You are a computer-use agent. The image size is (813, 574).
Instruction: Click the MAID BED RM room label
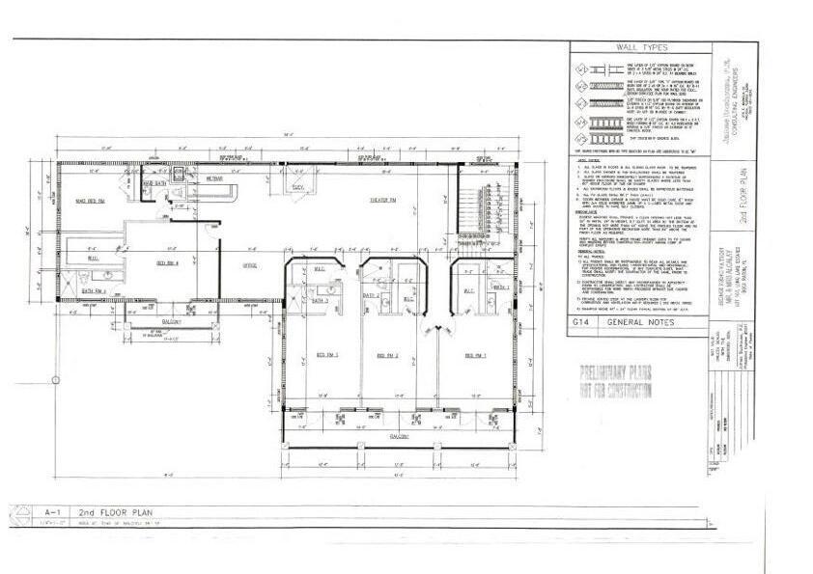89,201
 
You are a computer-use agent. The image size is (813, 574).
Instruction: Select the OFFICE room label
248,265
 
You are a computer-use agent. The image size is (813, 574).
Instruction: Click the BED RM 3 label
320,356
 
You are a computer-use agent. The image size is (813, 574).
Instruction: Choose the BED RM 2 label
389,356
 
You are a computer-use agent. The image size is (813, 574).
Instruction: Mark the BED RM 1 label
474,356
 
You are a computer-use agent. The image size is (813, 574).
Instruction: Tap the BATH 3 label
320,302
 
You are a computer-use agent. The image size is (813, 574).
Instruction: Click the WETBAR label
213,179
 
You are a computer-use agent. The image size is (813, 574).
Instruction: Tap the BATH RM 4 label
94,289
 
